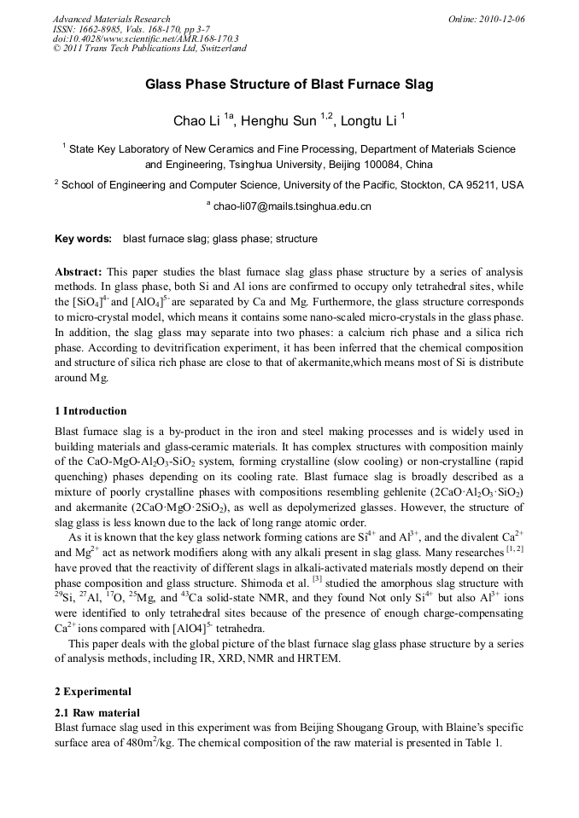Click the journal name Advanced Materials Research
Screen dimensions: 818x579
click(x=111, y=19)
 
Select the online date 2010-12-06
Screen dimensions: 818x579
click(x=500, y=19)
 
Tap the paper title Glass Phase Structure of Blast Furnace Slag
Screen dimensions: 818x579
click(x=289, y=84)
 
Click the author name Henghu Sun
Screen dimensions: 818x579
click(x=278, y=121)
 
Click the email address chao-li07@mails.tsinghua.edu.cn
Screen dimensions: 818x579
click(x=292, y=206)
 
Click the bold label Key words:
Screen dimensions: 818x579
click(x=83, y=239)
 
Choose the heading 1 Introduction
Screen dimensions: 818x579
click(x=91, y=411)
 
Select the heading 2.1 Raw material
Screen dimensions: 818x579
click(x=96, y=712)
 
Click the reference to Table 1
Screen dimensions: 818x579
click(x=483, y=743)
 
